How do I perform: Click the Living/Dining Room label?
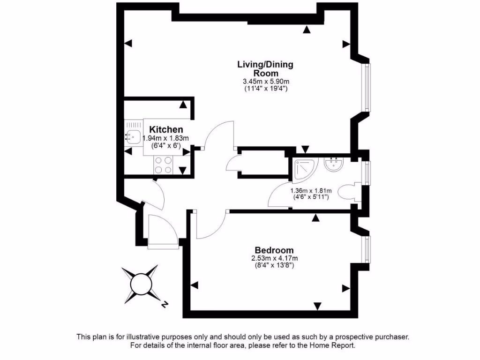(265, 68)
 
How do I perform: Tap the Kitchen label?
(166, 129)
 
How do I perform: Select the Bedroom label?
(274, 250)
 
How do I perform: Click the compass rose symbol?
(139, 284)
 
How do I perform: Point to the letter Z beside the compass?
(164, 305)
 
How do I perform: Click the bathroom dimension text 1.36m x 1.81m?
(311, 190)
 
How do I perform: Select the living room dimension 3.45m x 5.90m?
(265, 81)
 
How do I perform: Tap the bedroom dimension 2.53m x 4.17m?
(274, 258)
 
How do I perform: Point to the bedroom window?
(367, 248)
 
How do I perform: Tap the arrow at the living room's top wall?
(307, 30)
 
